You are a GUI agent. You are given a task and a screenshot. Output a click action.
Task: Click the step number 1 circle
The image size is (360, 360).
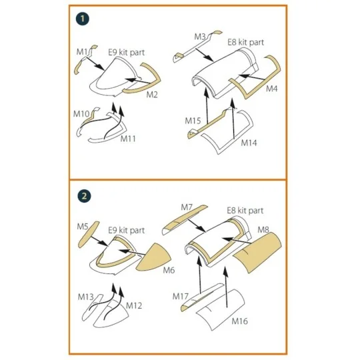click(83, 19)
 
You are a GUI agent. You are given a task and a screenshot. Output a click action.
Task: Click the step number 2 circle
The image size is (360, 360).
click(84, 196)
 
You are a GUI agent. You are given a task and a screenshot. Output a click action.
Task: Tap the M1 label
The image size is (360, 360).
click(82, 52)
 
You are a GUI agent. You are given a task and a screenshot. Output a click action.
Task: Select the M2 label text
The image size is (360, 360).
click(152, 95)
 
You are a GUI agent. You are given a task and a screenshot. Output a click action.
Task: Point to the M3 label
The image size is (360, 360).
click(200, 37)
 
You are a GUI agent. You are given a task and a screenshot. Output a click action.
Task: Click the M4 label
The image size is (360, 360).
click(271, 89)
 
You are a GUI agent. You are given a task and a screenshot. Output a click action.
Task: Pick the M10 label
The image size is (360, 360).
click(81, 113)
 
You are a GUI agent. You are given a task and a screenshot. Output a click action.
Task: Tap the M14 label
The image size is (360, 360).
click(249, 143)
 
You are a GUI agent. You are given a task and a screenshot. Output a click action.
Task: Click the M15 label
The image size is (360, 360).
click(193, 121)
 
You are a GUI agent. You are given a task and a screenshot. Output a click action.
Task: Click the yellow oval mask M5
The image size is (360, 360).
click(89, 235)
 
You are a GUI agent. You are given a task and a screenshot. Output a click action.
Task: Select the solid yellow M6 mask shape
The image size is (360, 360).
click(154, 257)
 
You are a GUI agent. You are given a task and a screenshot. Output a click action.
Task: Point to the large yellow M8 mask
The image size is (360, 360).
click(257, 253)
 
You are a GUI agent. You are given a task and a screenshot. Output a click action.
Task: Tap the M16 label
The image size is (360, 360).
click(240, 321)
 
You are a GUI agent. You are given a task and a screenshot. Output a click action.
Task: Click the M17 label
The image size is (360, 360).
click(181, 297)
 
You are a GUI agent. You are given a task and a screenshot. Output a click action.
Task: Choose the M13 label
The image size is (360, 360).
click(85, 297)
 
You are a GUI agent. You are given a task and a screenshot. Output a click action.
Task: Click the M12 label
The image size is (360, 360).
click(134, 305)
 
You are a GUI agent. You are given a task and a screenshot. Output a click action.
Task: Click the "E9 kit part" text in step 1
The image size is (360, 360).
click(127, 53)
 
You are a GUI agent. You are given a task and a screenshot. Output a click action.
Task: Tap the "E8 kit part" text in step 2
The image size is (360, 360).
click(245, 211)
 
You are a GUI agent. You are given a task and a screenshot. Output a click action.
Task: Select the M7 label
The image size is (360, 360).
click(187, 207)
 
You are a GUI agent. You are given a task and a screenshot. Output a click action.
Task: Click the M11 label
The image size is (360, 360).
click(128, 139)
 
